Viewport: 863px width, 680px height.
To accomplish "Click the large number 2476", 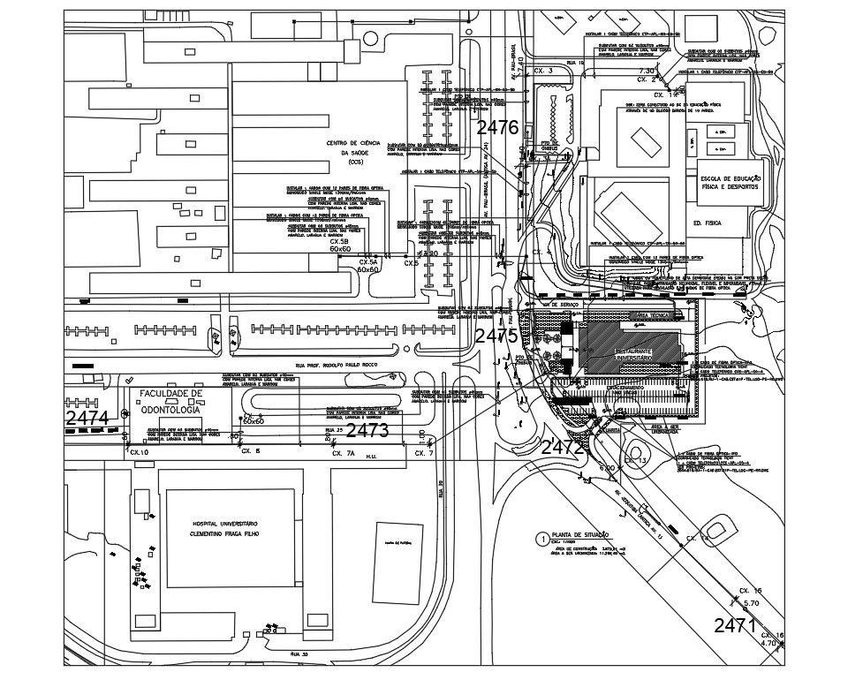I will (x=496, y=127).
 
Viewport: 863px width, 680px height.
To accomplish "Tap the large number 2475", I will (x=496, y=336).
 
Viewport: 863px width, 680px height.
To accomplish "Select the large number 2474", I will (x=87, y=418).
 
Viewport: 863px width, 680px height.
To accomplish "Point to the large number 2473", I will (x=367, y=431).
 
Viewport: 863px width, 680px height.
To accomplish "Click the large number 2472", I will (x=563, y=448).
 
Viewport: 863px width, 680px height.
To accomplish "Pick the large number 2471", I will (x=735, y=626).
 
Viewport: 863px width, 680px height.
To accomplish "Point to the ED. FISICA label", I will (x=708, y=223).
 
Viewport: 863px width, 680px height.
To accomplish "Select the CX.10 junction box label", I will (x=140, y=452).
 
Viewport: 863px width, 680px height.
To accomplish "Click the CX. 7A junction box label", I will (x=343, y=453).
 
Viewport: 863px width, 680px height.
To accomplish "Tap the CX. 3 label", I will (x=545, y=70).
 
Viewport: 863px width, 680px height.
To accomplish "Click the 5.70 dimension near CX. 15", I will (x=752, y=602).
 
